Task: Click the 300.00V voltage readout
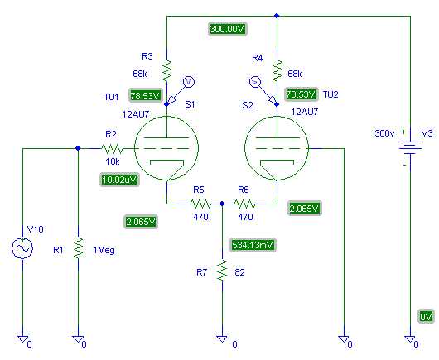(228, 29)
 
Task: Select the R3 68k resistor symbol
(166, 70)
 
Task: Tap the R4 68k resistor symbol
(277, 70)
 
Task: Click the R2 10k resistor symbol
(112, 148)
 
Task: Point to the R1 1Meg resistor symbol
(78, 247)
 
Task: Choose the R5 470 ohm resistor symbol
(200, 204)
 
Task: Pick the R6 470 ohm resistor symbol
(244, 204)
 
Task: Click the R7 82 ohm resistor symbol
(222, 270)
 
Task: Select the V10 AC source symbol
(22, 247)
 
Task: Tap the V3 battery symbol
(410, 147)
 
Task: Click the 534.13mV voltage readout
(253, 245)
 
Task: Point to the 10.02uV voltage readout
(119, 180)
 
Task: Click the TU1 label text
(112, 97)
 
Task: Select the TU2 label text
(330, 94)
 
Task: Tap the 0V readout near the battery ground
(426, 317)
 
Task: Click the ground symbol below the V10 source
(22, 339)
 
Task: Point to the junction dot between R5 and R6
(222, 204)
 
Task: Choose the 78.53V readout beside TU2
(301, 94)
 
